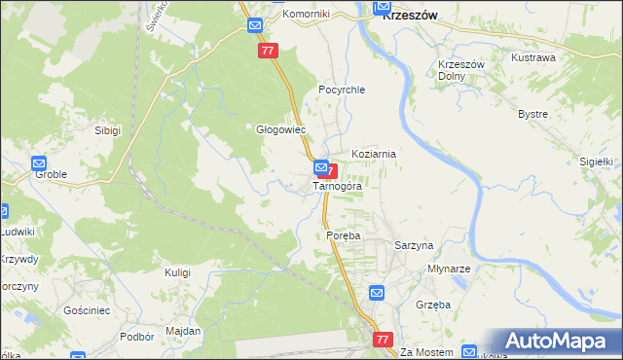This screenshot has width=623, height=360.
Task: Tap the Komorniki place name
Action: [306, 15]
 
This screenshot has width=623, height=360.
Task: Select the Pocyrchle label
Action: [341, 90]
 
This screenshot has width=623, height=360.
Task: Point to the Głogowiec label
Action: [280, 129]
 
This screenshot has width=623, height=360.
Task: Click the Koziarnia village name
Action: [374, 154]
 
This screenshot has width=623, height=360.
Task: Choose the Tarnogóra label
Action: [338, 186]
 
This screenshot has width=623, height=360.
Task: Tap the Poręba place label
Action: [343, 236]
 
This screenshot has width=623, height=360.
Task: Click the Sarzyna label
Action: [414, 246]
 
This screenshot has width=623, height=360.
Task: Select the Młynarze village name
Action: [449, 269]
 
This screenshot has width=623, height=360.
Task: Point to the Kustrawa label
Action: [533, 57]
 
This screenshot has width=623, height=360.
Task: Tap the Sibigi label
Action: [107, 129]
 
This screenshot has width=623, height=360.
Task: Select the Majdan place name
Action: [183, 331]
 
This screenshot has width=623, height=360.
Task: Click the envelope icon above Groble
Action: [39, 163]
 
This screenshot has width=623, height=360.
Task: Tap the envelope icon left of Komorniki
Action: [255, 25]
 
